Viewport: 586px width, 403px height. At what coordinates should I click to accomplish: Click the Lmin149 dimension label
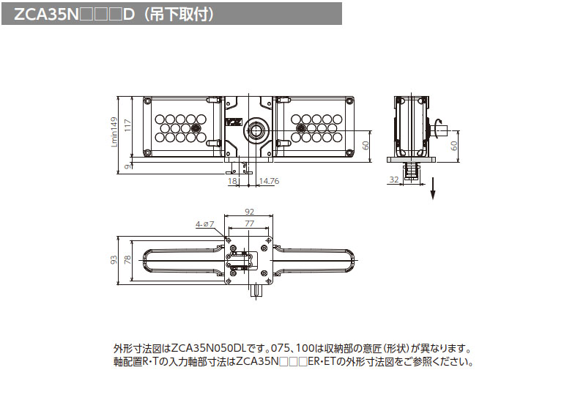point(114,132)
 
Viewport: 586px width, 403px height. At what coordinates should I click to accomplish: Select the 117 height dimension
point(127,125)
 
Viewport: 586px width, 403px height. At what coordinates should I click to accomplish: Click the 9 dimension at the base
point(127,166)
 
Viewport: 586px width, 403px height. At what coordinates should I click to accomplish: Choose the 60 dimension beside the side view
point(454,145)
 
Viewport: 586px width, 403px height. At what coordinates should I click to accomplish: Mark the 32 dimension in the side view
point(393,180)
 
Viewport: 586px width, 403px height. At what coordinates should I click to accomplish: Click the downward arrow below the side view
point(433,192)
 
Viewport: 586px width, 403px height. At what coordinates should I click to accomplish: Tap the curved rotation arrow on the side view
point(438,122)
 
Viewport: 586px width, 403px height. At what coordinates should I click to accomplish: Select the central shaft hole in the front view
point(257,130)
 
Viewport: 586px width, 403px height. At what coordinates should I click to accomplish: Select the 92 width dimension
point(249,211)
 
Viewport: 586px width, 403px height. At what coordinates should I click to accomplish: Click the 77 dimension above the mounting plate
point(249,223)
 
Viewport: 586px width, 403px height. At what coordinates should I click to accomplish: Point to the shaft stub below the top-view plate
point(256,289)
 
